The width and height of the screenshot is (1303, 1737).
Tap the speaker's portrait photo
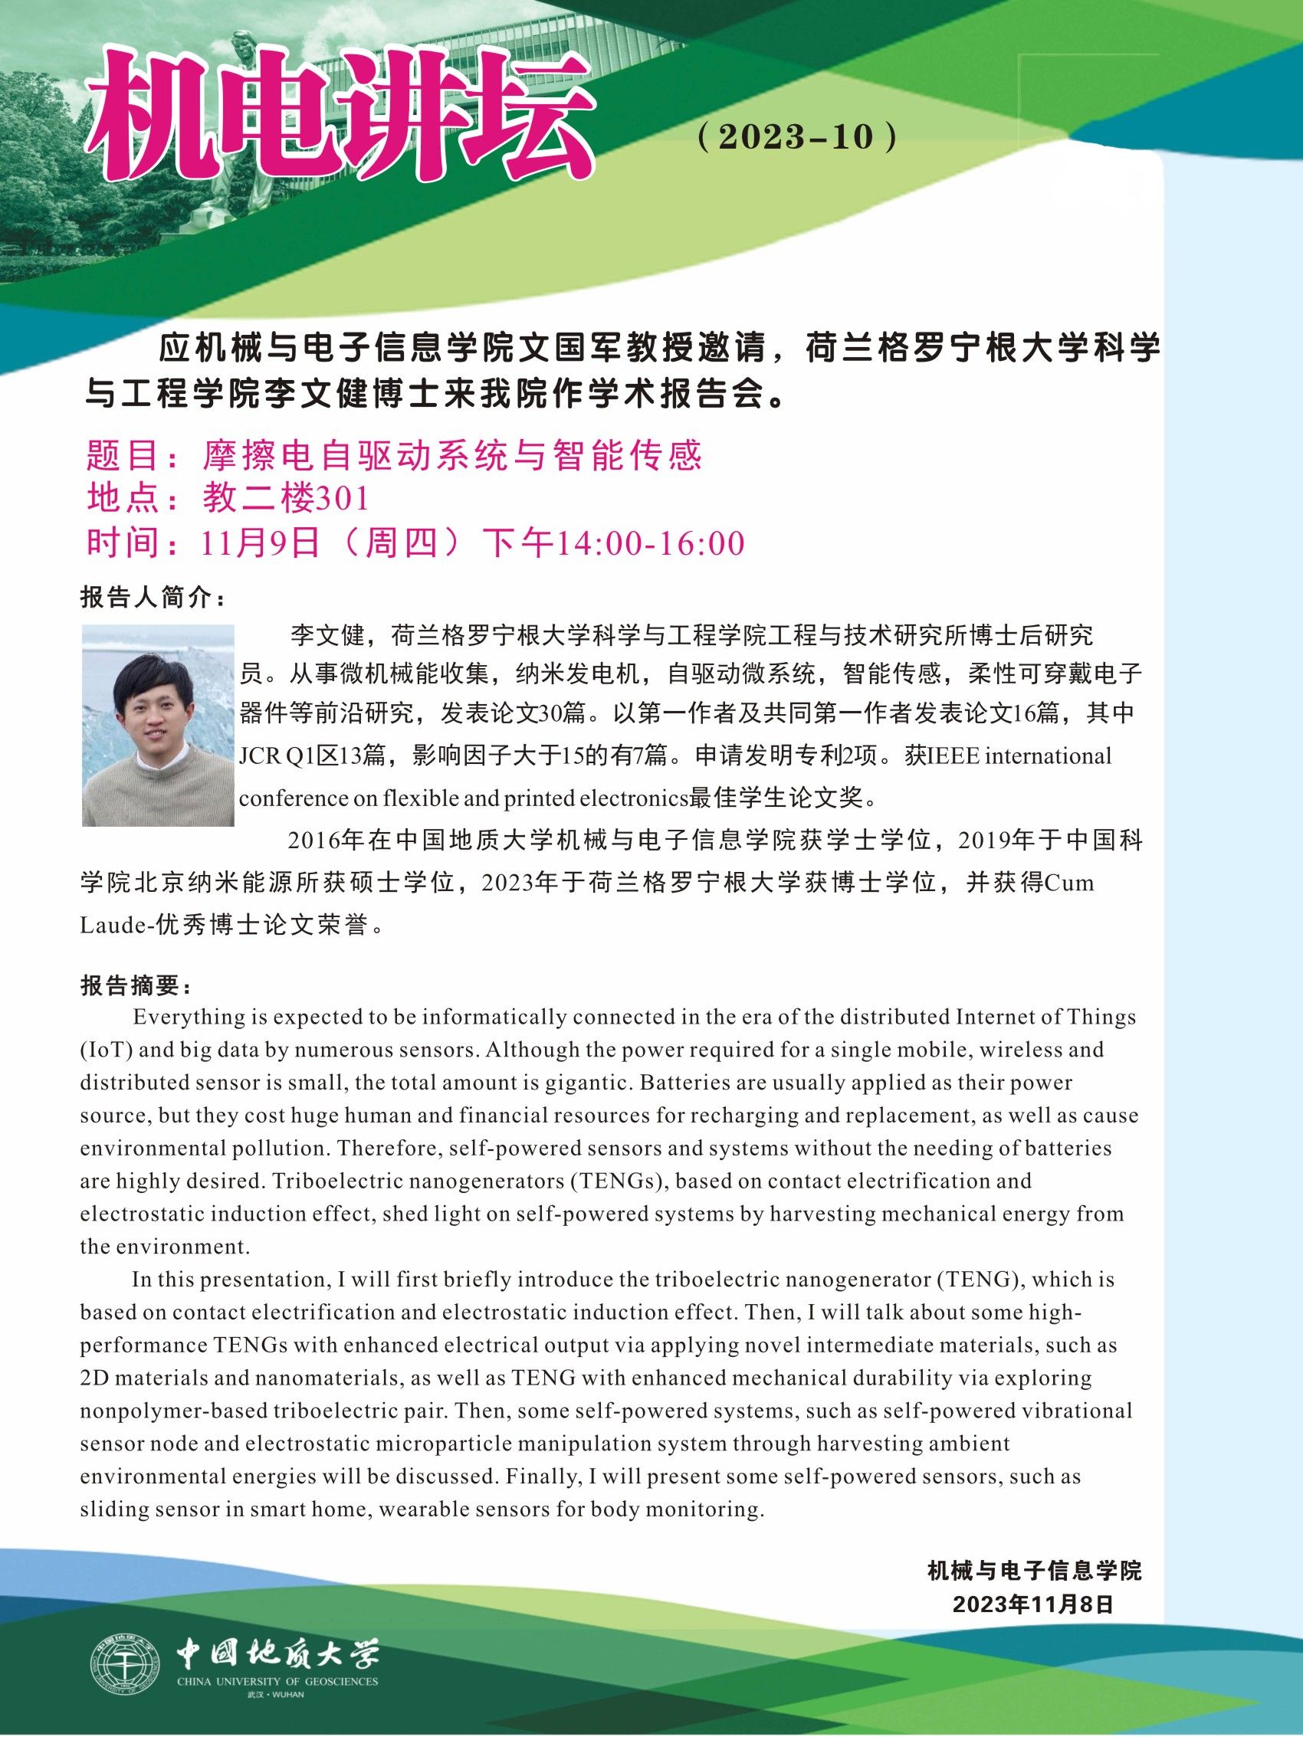coord(159,725)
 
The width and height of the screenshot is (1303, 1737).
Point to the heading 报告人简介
coord(153,598)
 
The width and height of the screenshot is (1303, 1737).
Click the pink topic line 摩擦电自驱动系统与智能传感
coord(451,454)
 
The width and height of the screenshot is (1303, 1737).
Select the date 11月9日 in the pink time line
coord(260,543)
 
